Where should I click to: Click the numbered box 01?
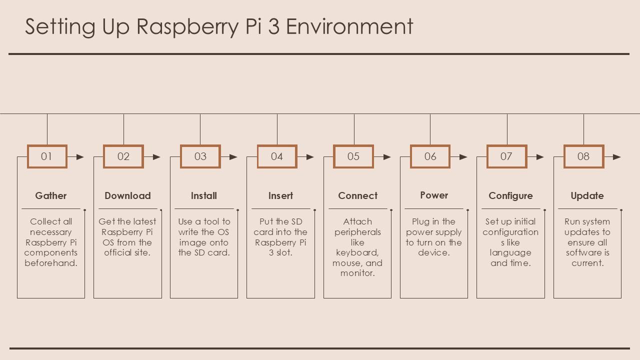47,156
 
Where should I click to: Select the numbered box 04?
277,156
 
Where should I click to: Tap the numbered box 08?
583,156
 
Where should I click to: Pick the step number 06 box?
430,156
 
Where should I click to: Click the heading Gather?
51,196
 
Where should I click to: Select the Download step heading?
127,196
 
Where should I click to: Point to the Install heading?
204,196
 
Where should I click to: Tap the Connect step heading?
357,196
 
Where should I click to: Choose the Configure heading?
510,196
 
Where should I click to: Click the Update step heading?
587,196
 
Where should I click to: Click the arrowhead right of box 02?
157,157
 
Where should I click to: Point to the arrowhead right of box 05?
387,157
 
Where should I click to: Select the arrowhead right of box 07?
540,157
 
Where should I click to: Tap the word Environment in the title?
349,27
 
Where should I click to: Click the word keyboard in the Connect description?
357,252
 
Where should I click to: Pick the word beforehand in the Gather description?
51,263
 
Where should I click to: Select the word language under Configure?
510,252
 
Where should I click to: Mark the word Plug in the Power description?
420,221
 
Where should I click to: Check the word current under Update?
587,263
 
